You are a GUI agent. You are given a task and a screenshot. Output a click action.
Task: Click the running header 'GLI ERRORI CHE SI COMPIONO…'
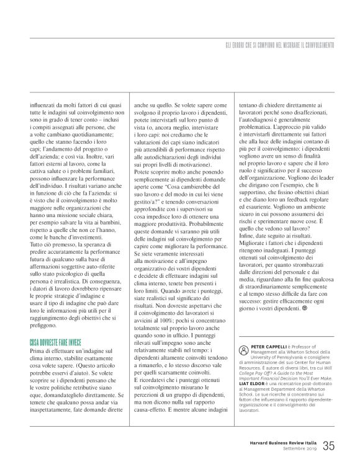click(279, 46)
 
